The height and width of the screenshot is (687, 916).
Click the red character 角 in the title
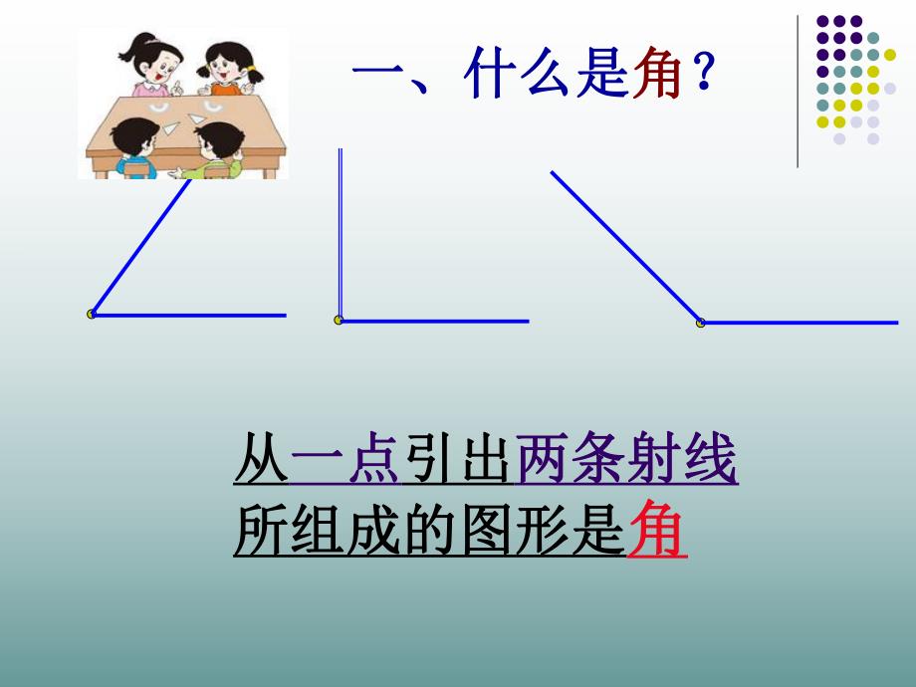[656, 77]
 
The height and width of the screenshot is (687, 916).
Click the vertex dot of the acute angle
[92, 315]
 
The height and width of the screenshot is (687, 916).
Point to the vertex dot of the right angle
[339, 321]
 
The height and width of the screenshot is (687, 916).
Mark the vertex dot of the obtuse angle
[700, 323]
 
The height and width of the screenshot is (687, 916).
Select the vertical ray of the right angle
[340, 234]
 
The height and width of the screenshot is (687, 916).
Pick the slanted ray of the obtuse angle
[624, 246]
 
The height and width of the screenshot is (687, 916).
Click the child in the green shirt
[215, 150]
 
